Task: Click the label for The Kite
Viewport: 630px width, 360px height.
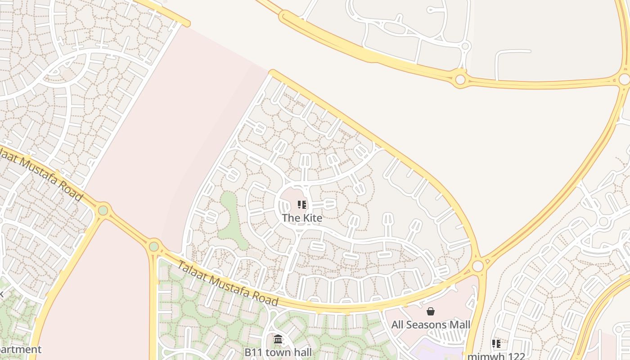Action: (x=302, y=218)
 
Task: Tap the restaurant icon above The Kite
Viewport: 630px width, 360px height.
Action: (x=302, y=205)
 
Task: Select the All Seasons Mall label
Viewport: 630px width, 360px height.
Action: (x=431, y=324)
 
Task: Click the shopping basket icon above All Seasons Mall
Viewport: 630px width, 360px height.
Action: (x=431, y=311)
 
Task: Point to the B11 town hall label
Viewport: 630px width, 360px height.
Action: (x=278, y=352)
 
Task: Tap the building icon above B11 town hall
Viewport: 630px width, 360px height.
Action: (x=278, y=339)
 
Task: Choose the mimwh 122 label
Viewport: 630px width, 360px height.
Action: (x=496, y=356)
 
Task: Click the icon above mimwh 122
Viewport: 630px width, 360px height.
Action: (x=496, y=344)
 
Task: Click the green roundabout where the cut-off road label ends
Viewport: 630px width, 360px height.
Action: (x=103, y=210)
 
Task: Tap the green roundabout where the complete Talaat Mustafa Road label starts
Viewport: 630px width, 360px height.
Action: (x=154, y=246)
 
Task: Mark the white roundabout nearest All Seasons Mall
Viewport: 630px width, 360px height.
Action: (x=477, y=266)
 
